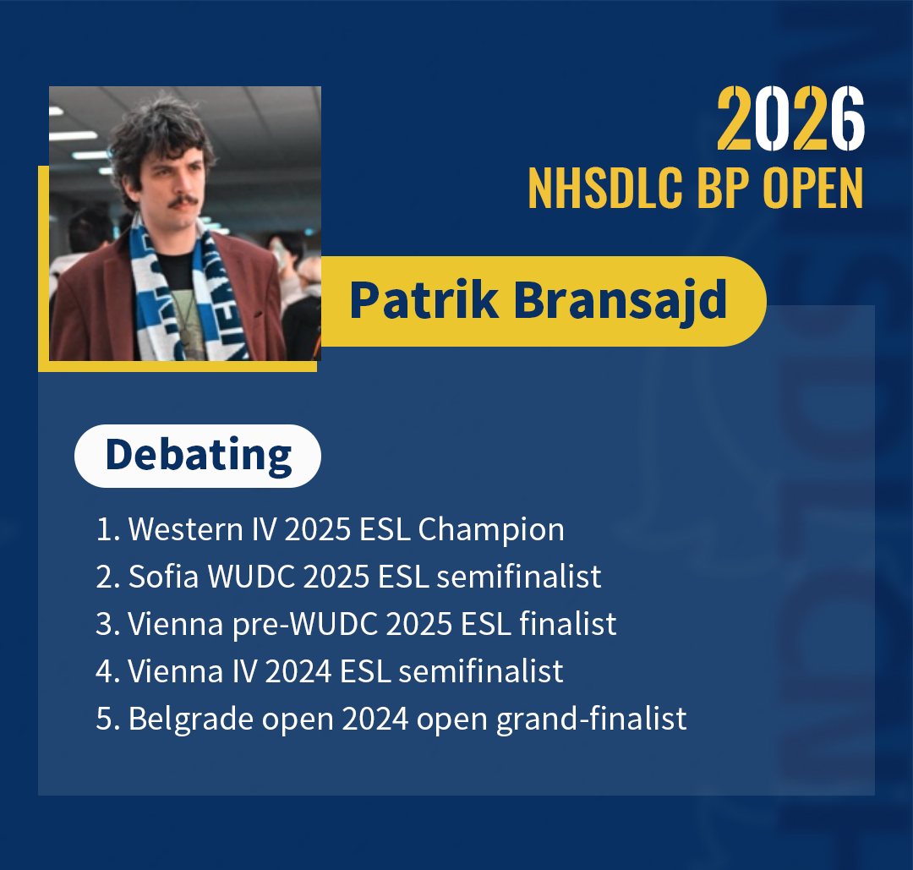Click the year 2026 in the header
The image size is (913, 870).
[790, 121]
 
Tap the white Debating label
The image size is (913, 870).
[198, 456]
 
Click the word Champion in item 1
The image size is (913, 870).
[491, 530]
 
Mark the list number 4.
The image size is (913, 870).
[105, 672]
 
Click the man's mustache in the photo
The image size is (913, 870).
[183, 203]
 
